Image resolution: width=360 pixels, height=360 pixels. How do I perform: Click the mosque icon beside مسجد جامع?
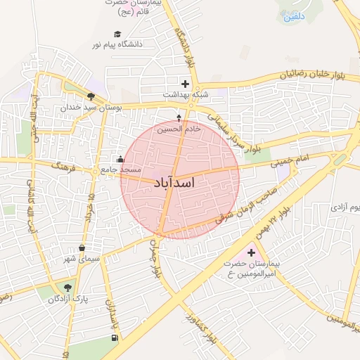pos(120,159)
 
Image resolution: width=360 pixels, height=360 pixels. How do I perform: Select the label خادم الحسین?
pos(179,129)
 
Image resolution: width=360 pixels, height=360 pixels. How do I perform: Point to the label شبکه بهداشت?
pos(185,94)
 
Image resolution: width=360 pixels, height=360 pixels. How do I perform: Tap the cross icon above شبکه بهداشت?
pos(185,83)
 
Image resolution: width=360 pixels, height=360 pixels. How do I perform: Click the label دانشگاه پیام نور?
pos(117,44)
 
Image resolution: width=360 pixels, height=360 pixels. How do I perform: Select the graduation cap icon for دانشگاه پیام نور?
pos(117,33)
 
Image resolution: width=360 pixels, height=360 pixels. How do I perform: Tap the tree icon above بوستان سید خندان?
pos(91,97)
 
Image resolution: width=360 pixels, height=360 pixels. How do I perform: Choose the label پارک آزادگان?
pos(70,299)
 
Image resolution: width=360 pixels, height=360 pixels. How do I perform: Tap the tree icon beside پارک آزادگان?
pos(67,287)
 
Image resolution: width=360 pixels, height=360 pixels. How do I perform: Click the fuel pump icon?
pos(115,338)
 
